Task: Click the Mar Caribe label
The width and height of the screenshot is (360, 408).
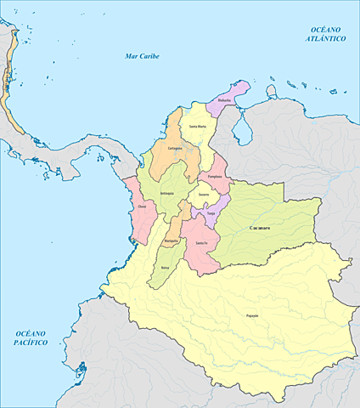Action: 142,56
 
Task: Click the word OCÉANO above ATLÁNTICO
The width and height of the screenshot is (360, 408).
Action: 326,30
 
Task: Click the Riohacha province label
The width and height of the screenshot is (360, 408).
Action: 225,100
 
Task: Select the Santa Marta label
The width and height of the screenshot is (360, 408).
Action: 197,127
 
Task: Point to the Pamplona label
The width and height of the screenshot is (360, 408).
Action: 215,176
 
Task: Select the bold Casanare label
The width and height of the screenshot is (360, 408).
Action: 261,229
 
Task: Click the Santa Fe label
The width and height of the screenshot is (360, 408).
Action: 201,244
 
